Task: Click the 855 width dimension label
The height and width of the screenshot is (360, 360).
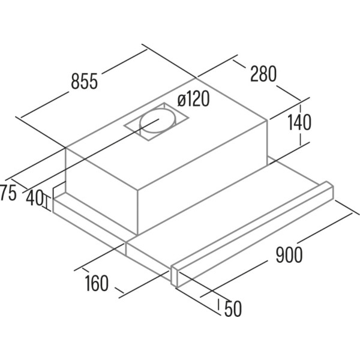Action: [x=85, y=81]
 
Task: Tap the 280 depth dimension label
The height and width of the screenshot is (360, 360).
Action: [x=263, y=74]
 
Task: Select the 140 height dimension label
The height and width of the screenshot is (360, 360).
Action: [x=299, y=122]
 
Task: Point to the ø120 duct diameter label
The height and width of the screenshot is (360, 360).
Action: [x=193, y=99]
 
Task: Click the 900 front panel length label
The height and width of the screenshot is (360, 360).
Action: [x=289, y=255]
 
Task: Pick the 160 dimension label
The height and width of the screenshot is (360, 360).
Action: [x=97, y=283]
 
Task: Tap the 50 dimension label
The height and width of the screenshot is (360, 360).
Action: [x=233, y=308]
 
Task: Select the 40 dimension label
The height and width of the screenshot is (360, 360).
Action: [x=34, y=198]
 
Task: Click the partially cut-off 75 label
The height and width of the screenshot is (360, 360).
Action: [x=8, y=193]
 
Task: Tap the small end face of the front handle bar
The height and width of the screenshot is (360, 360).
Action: [x=175, y=276]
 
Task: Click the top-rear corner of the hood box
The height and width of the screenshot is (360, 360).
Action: [x=196, y=78]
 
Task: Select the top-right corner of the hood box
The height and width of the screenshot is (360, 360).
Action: [x=267, y=119]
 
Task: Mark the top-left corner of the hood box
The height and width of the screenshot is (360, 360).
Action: [x=65, y=148]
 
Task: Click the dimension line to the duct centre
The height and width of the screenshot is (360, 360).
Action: [x=91, y=154]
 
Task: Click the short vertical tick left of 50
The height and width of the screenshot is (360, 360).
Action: [x=219, y=305]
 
